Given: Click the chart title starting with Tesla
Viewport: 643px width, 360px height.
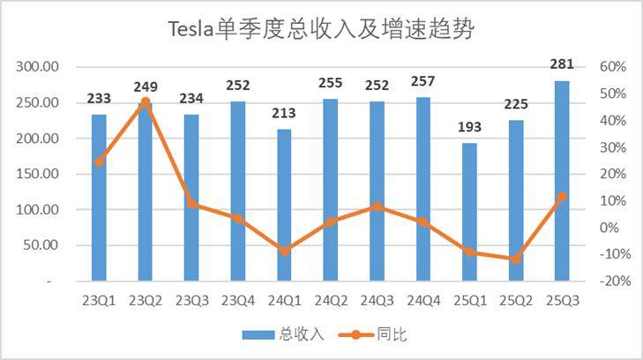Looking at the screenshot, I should tap(321, 31).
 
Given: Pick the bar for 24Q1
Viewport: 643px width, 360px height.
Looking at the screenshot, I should tap(284, 205).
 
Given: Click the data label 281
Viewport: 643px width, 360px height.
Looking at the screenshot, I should tap(562, 64).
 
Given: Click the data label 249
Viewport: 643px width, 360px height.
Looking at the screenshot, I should tap(146, 86).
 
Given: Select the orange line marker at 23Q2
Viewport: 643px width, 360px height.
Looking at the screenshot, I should tap(146, 102).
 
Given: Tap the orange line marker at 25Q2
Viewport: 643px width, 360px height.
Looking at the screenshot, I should tap(516, 259).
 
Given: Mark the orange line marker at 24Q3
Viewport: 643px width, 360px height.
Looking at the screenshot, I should tap(377, 206).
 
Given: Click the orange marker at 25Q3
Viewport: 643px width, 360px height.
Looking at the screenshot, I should tap(562, 197).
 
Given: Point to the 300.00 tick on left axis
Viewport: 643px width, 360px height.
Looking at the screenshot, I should tap(38, 67).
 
